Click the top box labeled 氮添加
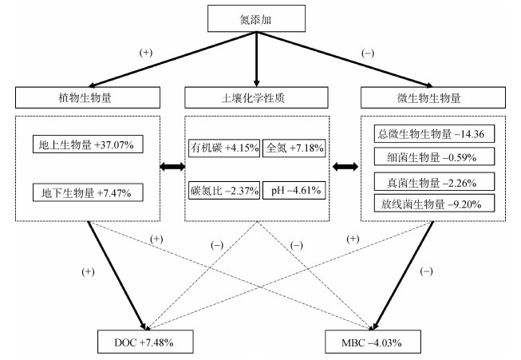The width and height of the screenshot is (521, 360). coord(257,18)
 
